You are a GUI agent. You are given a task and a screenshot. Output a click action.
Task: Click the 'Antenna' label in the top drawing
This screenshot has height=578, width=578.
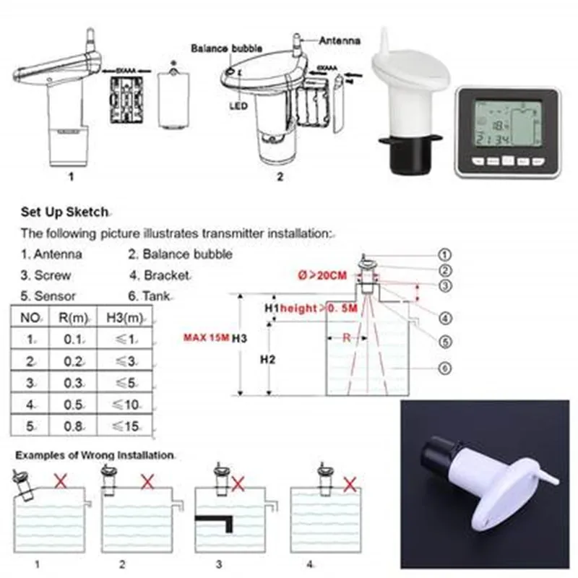pyautogui.click(x=340, y=41)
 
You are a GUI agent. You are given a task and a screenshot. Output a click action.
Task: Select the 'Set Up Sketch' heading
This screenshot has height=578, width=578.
pyautogui.click(x=64, y=212)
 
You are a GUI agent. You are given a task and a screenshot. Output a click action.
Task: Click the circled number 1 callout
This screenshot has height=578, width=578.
pyautogui.click(x=445, y=254)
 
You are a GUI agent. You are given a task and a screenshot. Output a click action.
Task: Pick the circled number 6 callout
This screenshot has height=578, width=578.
pyautogui.click(x=445, y=368)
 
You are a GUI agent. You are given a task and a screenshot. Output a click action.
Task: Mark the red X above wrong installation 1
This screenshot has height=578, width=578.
pyautogui.click(x=61, y=480)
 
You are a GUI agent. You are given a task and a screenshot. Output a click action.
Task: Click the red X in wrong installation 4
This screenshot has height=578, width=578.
pyautogui.click(x=350, y=483)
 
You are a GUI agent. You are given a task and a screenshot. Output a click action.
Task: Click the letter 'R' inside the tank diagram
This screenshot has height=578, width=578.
pyautogui.click(x=348, y=337)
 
